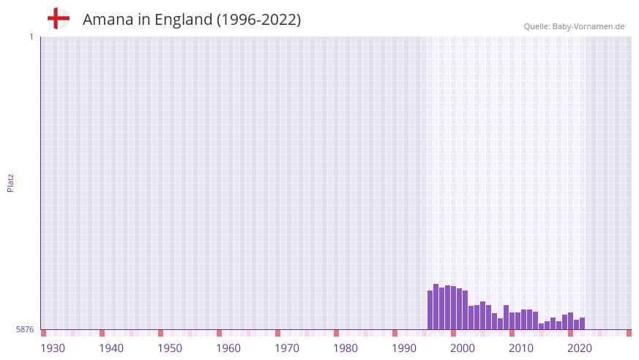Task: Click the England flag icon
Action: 58,19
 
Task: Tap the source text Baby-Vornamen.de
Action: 588,26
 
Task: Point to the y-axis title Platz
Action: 10,182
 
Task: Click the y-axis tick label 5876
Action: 25,330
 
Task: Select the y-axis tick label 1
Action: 31,37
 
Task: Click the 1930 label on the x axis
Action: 53,348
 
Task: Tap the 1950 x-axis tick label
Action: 170,348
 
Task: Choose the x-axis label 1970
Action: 287,348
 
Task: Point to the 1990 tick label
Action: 404,348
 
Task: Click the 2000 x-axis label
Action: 463,348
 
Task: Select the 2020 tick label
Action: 580,348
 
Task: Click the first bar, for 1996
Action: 430,310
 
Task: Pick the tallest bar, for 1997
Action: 436,307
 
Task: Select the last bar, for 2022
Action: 583,323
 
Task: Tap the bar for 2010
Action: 512,321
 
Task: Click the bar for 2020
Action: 571,321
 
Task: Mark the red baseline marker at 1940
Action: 102,333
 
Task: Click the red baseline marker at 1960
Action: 219,333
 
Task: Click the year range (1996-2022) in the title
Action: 258,20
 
